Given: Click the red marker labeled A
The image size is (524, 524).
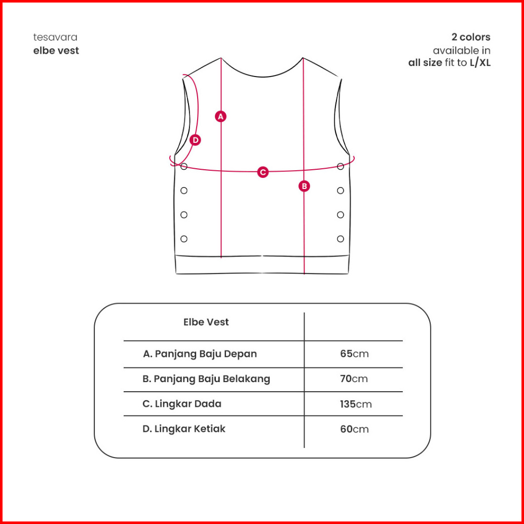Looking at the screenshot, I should pos(220,117).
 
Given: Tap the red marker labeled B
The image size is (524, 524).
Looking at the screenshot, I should pos(304,186).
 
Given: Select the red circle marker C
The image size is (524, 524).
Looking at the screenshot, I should pos(263,172).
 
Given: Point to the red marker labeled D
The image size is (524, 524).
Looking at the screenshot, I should pos(195,140).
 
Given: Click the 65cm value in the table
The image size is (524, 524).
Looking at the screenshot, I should pos(354,354).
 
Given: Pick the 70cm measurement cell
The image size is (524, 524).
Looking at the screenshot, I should pos(354,379).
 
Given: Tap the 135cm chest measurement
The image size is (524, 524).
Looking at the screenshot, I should pos(355,404).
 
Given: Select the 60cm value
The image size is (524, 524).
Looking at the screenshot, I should pos(354,429).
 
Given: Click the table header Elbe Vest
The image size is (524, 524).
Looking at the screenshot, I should pos(206,322).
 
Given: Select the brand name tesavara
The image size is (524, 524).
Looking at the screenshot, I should pos(55,38).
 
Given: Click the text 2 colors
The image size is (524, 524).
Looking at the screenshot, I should pos(471,37).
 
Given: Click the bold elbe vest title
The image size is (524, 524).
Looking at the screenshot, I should pos(56,50).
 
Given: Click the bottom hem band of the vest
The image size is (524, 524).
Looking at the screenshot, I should pos(262,265).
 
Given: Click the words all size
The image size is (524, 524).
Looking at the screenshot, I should pos(425,63).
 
